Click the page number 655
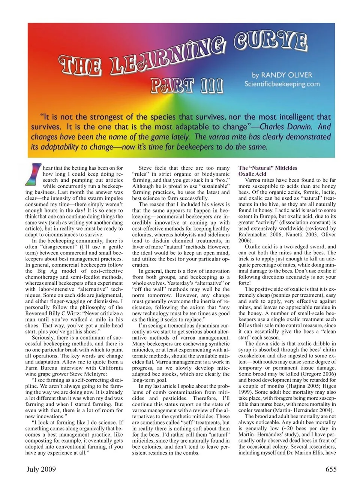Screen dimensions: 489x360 click(331, 469)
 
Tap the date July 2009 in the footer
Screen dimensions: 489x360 click(41, 469)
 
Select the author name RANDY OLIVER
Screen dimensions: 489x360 click(286, 75)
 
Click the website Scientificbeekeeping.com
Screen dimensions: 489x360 click(282, 84)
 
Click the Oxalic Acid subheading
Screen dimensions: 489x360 click(252, 174)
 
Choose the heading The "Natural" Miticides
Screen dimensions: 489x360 click(268, 168)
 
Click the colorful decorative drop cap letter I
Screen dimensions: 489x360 click(33, 174)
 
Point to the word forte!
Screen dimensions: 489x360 click(245, 283)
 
